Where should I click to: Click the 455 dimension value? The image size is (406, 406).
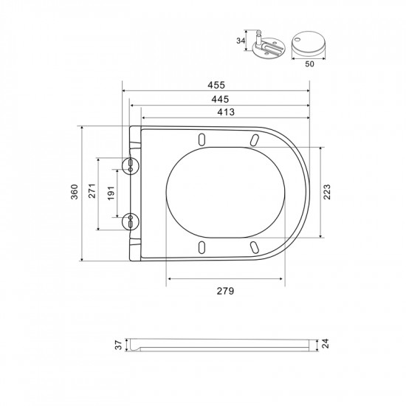click(216, 85)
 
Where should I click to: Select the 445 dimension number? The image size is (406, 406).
click(220, 99)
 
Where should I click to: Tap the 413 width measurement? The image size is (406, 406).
click(226, 112)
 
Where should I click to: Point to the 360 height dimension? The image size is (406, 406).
click(75, 192)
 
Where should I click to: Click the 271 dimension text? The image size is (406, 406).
click(92, 191)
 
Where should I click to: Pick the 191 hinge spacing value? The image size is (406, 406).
click(111, 193)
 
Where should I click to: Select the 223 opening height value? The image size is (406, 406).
click(327, 192)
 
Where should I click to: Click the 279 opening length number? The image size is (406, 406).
click(225, 291)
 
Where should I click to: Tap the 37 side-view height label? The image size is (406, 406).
click(118, 345)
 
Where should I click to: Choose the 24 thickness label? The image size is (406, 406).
click(325, 343)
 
